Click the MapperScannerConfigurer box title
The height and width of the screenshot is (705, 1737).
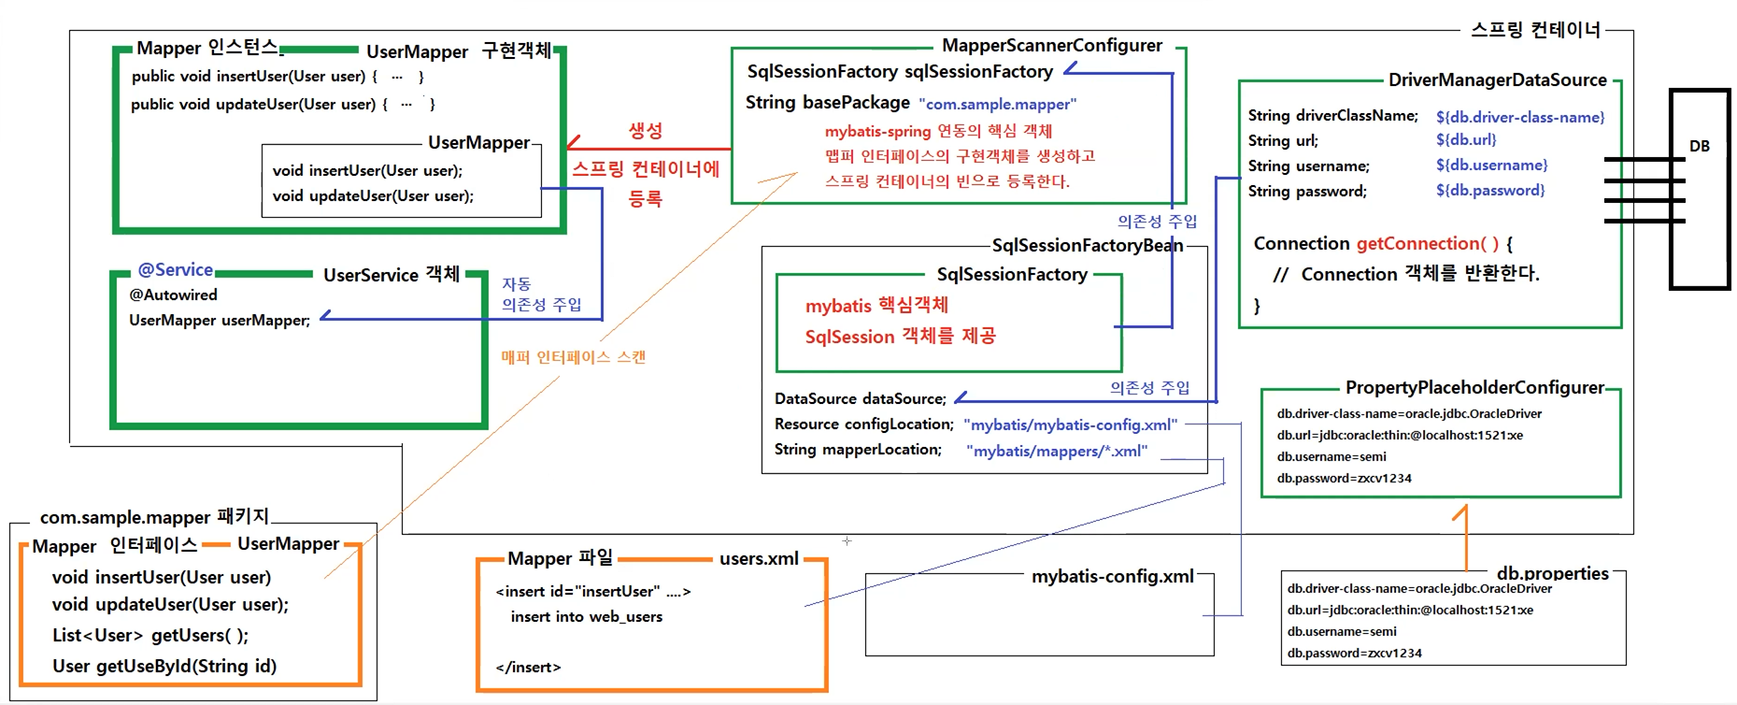1051,45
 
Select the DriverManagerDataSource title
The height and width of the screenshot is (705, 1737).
1497,79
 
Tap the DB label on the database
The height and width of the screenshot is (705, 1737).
1699,146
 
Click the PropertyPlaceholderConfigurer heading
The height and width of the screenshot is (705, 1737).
1474,387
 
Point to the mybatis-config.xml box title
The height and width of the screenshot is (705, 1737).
1112,576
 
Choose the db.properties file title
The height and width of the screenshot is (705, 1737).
1552,573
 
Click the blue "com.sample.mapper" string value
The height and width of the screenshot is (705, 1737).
997,104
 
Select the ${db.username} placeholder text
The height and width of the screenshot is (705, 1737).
1491,165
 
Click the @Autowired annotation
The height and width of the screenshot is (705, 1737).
173,295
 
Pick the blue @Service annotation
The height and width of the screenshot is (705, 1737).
175,270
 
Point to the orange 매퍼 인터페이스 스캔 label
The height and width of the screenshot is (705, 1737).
573,357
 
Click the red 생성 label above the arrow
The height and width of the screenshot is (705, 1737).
645,130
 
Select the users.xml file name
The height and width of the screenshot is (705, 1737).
759,558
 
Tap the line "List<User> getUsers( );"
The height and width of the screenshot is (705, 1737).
150,635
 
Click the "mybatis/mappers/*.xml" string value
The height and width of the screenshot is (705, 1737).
1060,451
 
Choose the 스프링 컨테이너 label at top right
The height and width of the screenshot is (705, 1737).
1535,30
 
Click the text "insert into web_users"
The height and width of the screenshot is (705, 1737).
586,616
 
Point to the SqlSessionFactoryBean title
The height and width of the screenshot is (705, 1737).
1087,245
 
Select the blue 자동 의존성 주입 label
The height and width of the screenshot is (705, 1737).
540,294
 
